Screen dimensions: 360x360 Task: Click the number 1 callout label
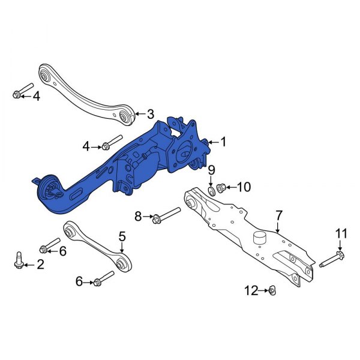pyautogui.click(x=223, y=142)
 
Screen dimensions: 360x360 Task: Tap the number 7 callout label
pyautogui.click(x=278, y=215)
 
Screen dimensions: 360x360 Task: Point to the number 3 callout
pyautogui.click(x=151, y=113)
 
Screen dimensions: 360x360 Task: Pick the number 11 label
pyautogui.click(x=341, y=233)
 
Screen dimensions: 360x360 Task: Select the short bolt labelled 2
pyautogui.click(x=19, y=260)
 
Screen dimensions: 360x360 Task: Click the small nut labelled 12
pyautogui.click(x=271, y=291)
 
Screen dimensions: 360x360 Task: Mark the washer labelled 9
pyautogui.click(x=211, y=191)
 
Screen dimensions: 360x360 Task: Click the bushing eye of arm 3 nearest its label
pyautogui.click(x=126, y=116)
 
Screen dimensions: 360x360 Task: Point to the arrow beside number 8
pyautogui.click(x=148, y=216)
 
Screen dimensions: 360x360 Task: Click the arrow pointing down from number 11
pyautogui.click(x=340, y=245)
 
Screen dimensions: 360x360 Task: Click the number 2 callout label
pyautogui.click(x=40, y=264)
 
